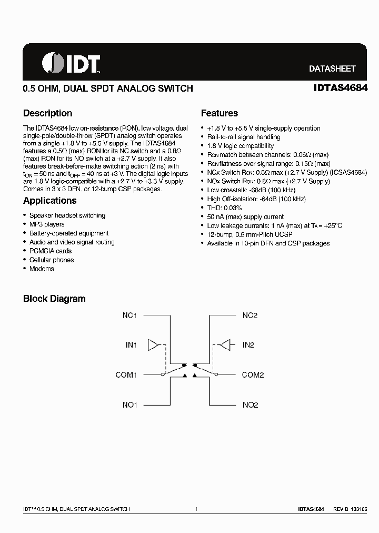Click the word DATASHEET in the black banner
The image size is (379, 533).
click(x=332, y=68)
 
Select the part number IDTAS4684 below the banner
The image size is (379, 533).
click(x=337, y=88)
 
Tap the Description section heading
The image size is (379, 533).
click(x=48, y=113)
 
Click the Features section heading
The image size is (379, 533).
click(x=220, y=113)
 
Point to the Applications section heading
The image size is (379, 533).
click(x=50, y=201)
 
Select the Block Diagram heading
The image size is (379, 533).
click(x=54, y=299)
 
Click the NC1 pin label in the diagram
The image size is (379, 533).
click(x=129, y=315)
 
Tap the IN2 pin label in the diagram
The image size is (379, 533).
click(x=248, y=345)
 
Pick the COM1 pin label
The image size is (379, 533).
click(x=126, y=375)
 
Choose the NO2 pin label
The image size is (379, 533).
click(x=250, y=405)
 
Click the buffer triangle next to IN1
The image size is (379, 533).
click(x=153, y=345)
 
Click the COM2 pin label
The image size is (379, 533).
click(x=253, y=375)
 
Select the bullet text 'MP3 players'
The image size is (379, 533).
click(x=47, y=224)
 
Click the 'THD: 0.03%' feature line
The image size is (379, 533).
click(x=225, y=208)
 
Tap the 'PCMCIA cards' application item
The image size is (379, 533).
click(x=51, y=251)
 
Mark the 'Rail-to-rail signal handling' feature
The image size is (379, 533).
click(x=244, y=137)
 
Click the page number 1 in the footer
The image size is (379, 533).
click(x=196, y=509)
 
